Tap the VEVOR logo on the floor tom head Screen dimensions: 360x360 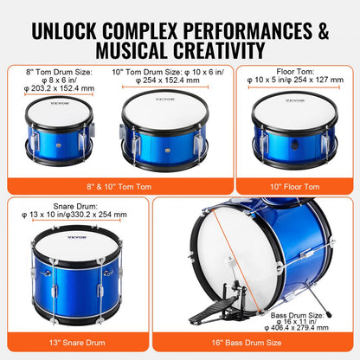click(x=297, y=101)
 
